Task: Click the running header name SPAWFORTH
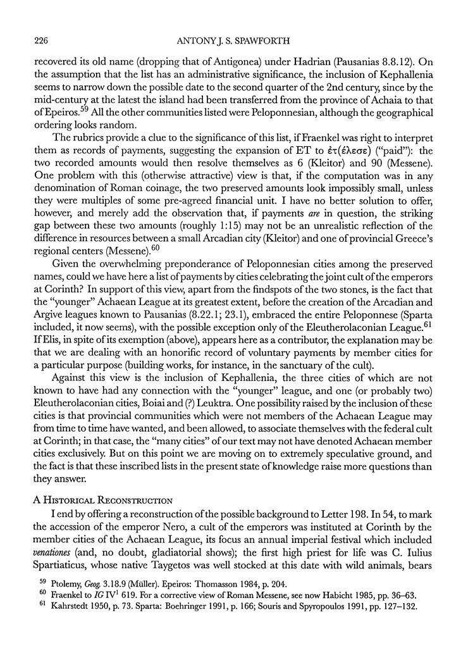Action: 273,41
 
